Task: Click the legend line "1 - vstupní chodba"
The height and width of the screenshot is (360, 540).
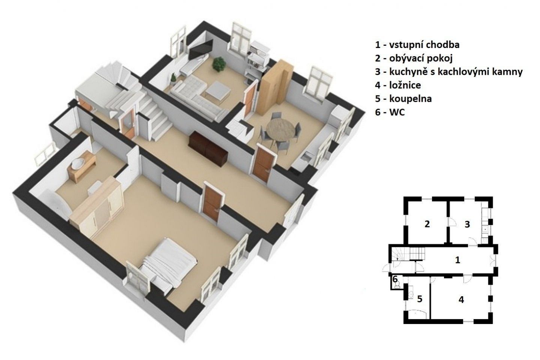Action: coord(417,45)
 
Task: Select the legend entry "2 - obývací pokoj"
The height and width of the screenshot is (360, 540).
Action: coord(414,58)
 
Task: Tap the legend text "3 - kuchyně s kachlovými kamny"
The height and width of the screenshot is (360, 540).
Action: coord(449,72)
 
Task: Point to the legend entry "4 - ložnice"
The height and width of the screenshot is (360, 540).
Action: coord(398,85)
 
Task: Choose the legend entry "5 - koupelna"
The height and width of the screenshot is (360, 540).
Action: coord(403,99)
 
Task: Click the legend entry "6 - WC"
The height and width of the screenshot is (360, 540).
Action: coord(390,112)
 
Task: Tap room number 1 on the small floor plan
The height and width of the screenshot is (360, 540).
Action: coord(457,260)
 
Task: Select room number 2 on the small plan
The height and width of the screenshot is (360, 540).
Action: coord(427,224)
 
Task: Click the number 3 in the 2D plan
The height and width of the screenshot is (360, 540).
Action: coord(467,224)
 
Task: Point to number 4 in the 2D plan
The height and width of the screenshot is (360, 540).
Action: coord(461,300)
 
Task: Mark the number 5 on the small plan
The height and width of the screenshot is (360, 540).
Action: coord(420,299)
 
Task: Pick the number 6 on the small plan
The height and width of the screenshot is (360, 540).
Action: coord(395,279)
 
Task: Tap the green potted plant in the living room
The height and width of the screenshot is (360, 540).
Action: coord(219,64)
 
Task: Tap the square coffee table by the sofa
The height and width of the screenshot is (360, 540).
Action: coord(218,91)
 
